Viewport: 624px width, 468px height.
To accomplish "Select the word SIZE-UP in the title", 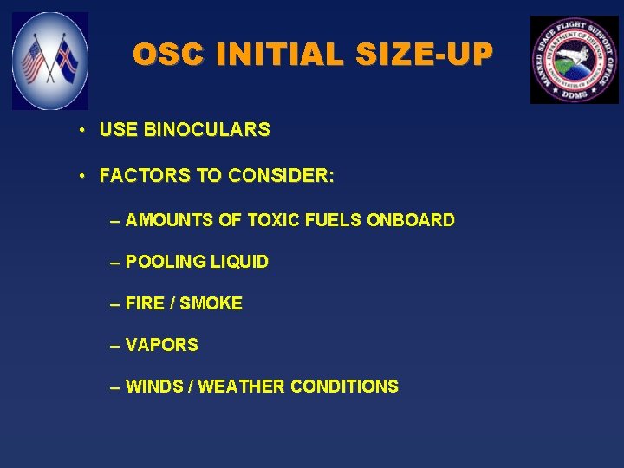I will coord(422,55).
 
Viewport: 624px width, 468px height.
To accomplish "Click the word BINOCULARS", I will coord(207,130).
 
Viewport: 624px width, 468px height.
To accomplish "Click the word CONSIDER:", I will coord(281,176).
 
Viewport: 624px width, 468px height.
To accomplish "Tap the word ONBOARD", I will coord(411,220).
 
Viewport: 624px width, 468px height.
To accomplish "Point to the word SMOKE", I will coord(211,303).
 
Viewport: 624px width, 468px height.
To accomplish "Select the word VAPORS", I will coord(162,345).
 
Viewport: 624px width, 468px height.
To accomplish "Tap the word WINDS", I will coord(153,387).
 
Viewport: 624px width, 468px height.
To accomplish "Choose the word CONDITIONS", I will coord(344,387).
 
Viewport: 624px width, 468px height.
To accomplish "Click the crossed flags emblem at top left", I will coord(50,61).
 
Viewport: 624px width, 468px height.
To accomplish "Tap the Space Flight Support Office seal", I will coord(574,60).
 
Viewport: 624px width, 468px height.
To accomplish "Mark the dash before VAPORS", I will coord(115,346).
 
